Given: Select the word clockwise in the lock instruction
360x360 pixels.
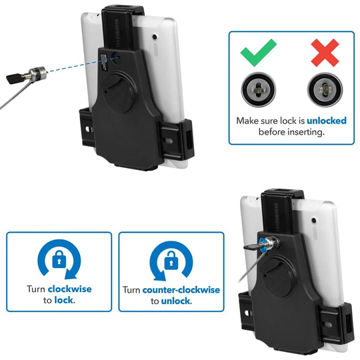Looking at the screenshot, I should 69,289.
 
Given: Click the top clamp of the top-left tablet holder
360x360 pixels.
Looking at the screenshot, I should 121,17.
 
